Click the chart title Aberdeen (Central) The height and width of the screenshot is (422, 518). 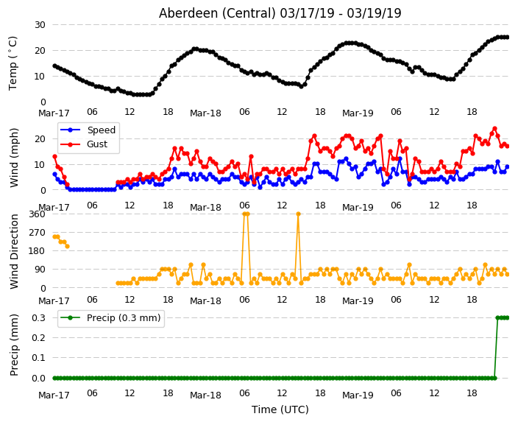coord(217,13)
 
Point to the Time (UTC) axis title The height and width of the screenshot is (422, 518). coord(280,409)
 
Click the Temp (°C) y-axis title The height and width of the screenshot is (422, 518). coord(13,63)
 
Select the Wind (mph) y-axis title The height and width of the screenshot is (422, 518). coord(13,158)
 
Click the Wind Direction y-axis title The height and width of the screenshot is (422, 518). coord(13,251)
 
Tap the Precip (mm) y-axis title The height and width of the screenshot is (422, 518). coord(13,345)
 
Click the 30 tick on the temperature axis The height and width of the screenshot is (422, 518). coord(40,25)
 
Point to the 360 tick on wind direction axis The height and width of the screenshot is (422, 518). coord(37,214)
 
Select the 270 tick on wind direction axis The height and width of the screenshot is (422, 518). coord(37,233)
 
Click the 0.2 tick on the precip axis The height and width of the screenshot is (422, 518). coord(39,337)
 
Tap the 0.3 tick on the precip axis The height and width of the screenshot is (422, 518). coord(39,318)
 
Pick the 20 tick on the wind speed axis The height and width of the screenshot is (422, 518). coord(40,139)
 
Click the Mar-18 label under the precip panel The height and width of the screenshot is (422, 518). coord(205,395)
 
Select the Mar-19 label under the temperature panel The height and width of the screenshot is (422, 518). coord(358,113)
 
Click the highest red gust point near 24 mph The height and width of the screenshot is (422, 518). coord(494,129)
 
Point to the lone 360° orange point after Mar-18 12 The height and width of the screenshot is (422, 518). coord(298,214)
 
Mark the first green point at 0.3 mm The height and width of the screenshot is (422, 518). coord(498,318)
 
